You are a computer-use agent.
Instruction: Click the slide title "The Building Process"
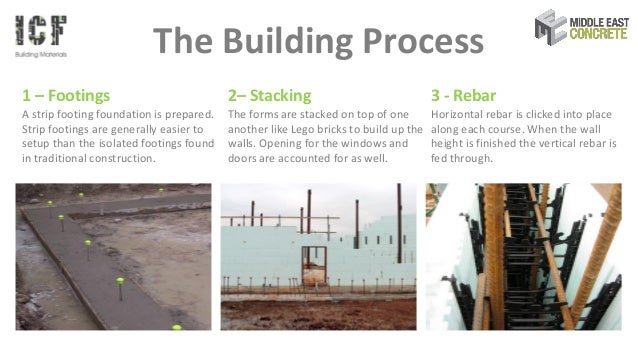click(317, 41)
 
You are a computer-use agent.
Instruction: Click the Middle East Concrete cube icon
click(552, 26)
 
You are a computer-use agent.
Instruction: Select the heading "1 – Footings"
click(65, 96)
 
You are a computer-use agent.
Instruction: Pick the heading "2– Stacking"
click(269, 96)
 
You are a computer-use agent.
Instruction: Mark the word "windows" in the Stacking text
click(367, 144)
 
